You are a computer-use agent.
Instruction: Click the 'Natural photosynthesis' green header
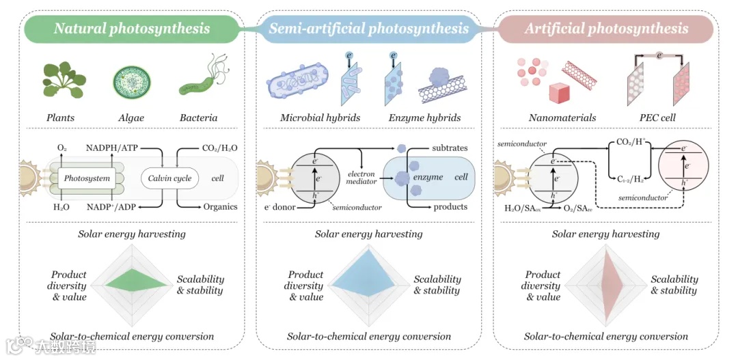(132, 29)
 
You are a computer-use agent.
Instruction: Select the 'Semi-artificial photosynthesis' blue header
(368, 29)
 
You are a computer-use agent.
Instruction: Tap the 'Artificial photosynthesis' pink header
(606, 29)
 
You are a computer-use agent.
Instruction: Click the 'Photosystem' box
(87, 178)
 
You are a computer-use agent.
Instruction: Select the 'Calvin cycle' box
(170, 178)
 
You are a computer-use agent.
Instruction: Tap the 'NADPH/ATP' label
(111, 148)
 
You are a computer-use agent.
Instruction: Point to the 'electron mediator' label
(361, 179)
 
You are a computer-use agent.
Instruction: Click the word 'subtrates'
(450, 148)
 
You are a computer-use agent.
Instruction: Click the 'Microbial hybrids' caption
(320, 117)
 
